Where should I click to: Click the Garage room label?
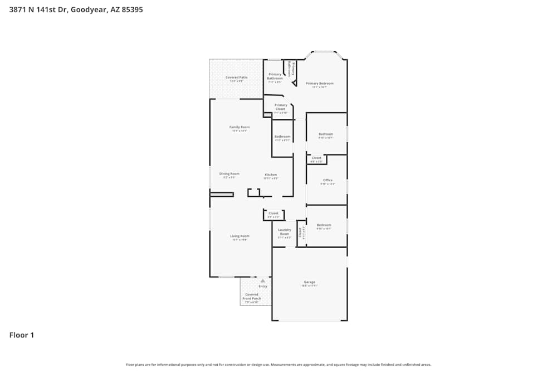coord(310,282)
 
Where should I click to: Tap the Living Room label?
coord(240,236)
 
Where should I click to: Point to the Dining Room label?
coord(229,173)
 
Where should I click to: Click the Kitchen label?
coord(270,175)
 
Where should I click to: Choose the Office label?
coord(328,180)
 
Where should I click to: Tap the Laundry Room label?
coord(285,231)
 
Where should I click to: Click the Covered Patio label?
coord(236,78)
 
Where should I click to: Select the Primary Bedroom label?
coord(320,84)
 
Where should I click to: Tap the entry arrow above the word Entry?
coord(262,281)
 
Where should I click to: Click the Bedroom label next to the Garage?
coord(324,225)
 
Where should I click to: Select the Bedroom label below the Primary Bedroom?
coord(326,134)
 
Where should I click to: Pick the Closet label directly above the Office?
coord(316,158)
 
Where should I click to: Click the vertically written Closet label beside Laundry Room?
coord(300,232)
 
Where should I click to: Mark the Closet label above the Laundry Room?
coord(273,214)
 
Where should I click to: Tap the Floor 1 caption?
coord(22,335)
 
